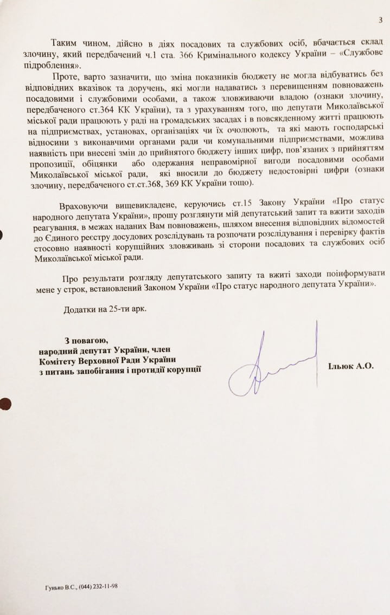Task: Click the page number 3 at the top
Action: point(381,21)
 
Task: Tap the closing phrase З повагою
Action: point(87,341)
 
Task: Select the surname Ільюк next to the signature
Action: point(341,367)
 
